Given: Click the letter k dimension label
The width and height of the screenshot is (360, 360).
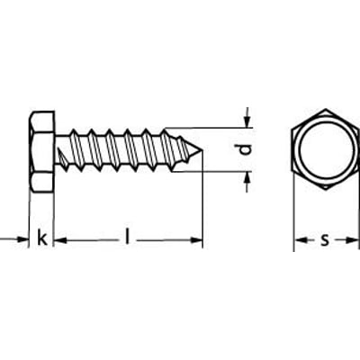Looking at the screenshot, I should tap(41, 238).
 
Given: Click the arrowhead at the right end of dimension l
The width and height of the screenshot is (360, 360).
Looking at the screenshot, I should tap(197, 239).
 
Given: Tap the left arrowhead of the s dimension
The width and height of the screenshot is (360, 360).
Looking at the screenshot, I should tap(300, 240).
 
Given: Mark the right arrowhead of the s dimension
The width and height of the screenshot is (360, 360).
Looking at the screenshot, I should tap(348, 240).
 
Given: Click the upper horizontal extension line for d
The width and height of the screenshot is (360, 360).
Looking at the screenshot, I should tap(207, 128).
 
